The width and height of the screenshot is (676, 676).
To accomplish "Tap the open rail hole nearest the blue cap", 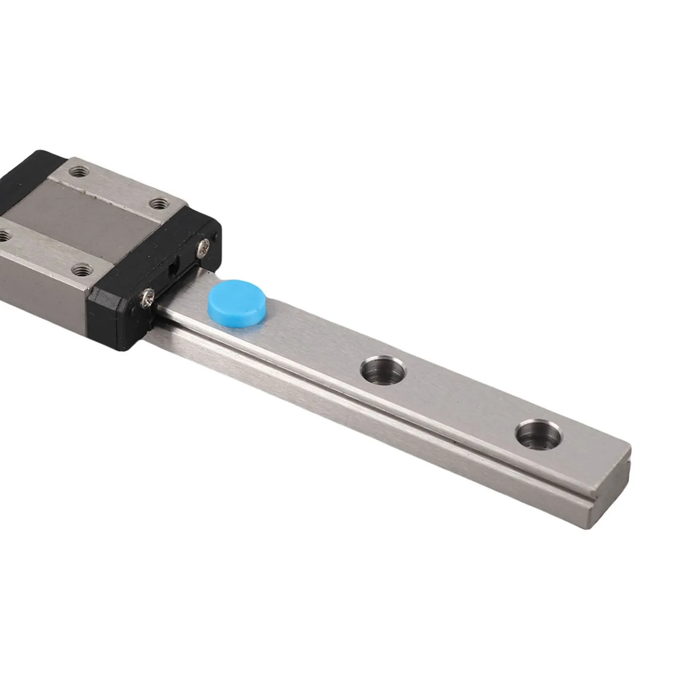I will (383, 370).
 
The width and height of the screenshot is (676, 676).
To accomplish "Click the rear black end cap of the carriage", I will (25, 169).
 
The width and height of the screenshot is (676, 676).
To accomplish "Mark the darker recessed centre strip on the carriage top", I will (84, 220).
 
